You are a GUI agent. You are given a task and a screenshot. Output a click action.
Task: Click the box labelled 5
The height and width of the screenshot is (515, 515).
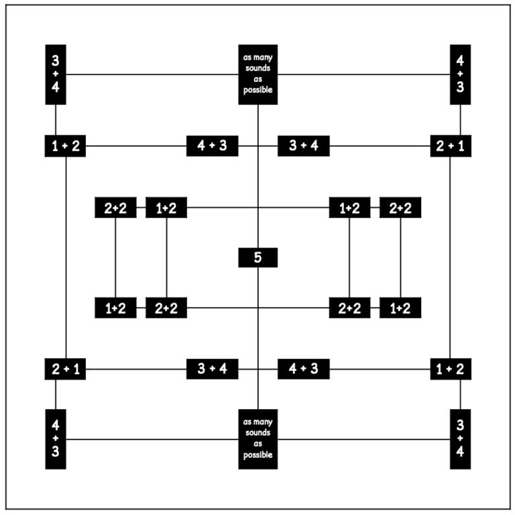coord(257,257)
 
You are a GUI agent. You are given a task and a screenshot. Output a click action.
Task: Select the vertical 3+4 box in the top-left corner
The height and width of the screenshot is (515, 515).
coord(56,74)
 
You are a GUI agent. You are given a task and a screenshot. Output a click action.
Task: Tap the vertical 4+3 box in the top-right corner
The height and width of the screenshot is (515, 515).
coord(460,74)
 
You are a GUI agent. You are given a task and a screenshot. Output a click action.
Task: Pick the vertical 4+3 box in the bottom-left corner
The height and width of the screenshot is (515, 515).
coord(56,439)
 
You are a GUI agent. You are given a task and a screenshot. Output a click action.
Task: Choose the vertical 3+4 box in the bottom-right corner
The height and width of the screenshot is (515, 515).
coord(460,439)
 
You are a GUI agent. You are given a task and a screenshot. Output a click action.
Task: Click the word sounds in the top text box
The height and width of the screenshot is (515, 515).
coord(257,68)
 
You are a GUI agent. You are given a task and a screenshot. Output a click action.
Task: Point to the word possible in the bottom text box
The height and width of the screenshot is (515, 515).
coord(257,455)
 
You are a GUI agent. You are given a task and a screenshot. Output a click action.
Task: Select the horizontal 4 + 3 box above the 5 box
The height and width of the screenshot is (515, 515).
coord(212,146)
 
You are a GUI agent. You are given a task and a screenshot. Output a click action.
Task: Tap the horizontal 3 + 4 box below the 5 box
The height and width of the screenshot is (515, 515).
coord(212,369)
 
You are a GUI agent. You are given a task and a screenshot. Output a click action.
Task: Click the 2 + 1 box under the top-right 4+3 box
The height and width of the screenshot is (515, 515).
coord(451,146)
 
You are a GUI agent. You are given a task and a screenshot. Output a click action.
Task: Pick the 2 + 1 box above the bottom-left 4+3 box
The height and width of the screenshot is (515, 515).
coord(65,369)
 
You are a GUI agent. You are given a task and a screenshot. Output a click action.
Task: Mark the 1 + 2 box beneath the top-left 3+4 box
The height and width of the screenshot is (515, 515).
coord(65,146)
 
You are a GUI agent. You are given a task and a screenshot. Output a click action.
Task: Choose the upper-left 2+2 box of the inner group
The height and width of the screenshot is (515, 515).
coord(115,208)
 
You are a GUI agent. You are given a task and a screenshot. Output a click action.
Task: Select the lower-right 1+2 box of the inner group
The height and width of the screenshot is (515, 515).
coord(400,308)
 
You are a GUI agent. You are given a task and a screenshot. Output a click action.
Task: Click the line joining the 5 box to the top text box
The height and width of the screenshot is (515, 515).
coord(257,176)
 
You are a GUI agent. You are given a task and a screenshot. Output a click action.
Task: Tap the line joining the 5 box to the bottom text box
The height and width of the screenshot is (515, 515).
coord(257,338)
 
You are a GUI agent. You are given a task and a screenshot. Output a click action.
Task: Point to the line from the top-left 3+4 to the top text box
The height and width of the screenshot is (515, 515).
coord(152,74)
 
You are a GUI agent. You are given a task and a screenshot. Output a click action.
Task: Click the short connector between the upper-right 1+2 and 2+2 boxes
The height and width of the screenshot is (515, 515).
coord(375,208)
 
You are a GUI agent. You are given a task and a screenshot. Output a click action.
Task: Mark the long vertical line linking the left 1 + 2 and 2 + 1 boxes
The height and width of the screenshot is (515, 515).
coord(66,257)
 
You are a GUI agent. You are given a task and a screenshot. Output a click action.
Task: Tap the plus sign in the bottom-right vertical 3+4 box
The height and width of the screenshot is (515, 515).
coord(460,438)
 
